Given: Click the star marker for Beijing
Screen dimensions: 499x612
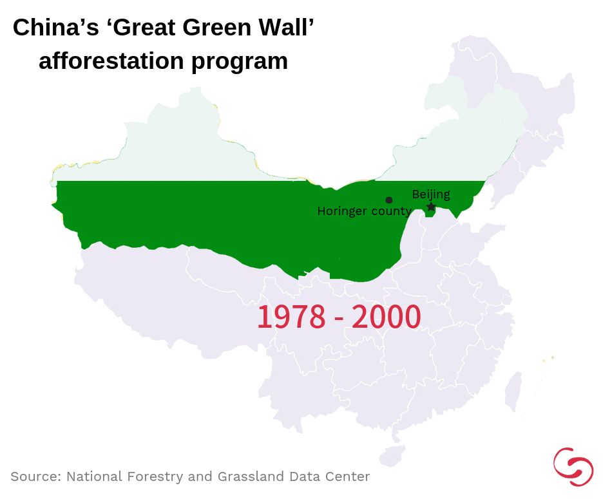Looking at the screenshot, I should (431, 207).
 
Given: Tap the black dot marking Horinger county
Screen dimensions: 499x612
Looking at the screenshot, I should (389, 200).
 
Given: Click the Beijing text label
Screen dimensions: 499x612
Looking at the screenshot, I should (431, 194).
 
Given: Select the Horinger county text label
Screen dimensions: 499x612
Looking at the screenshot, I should (364, 211).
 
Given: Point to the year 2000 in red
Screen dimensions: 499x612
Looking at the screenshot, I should (387, 317).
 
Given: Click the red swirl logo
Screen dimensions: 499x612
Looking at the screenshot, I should (573, 466).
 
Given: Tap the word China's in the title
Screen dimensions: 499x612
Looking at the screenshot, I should (54, 28).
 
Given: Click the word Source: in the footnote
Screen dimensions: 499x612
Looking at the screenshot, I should (35, 476).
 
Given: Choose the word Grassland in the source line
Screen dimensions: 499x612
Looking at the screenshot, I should (249, 476).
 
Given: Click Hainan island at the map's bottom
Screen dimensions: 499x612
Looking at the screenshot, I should (392, 455).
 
